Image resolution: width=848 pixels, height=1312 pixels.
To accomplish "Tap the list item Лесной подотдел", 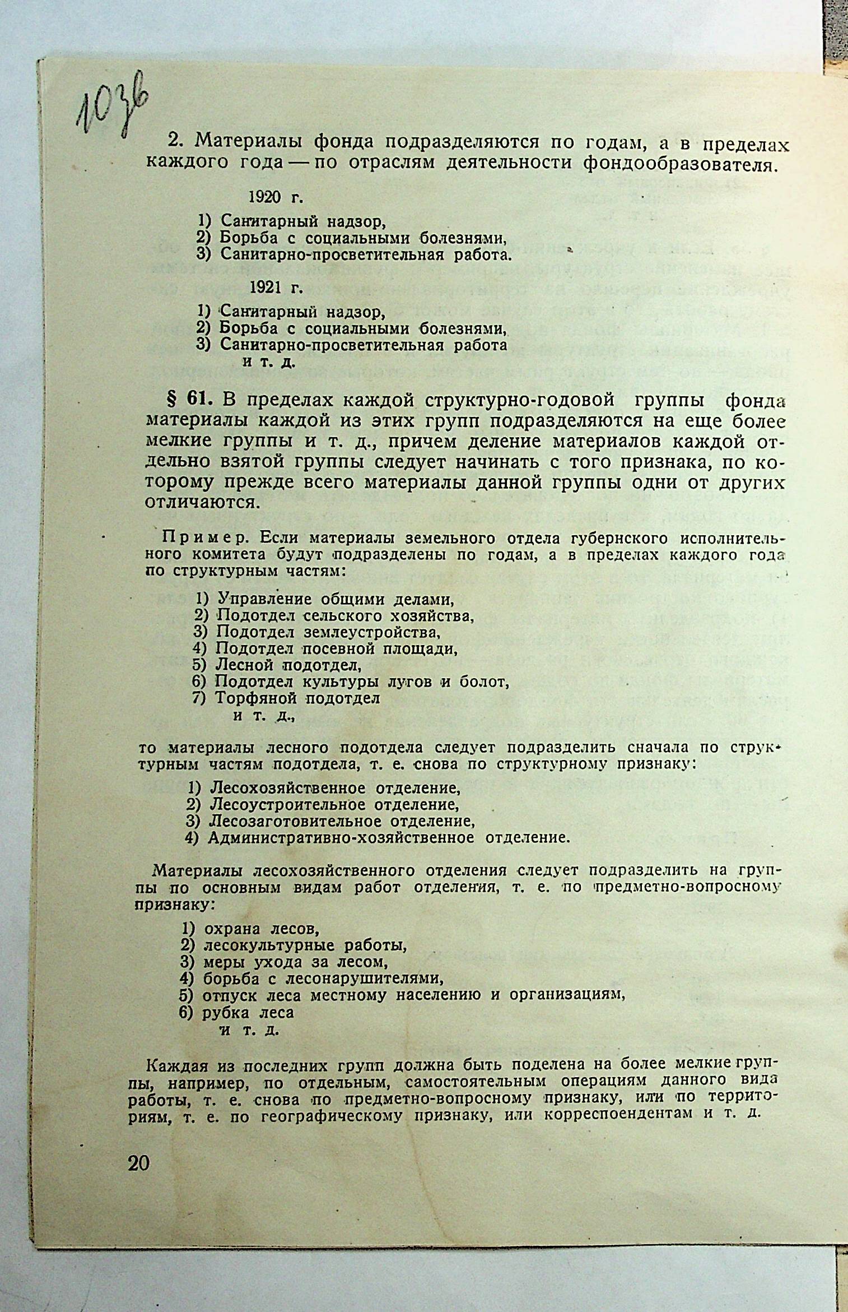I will [x=288, y=665].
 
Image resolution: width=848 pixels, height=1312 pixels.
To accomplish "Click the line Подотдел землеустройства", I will [x=328, y=632].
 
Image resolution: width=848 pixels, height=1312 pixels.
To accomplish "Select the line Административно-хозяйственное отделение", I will [x=389, y=838].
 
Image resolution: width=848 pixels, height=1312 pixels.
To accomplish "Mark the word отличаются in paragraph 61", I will [x=202, y=500].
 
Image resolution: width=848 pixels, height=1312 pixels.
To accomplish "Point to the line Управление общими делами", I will [x=335, y=599].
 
